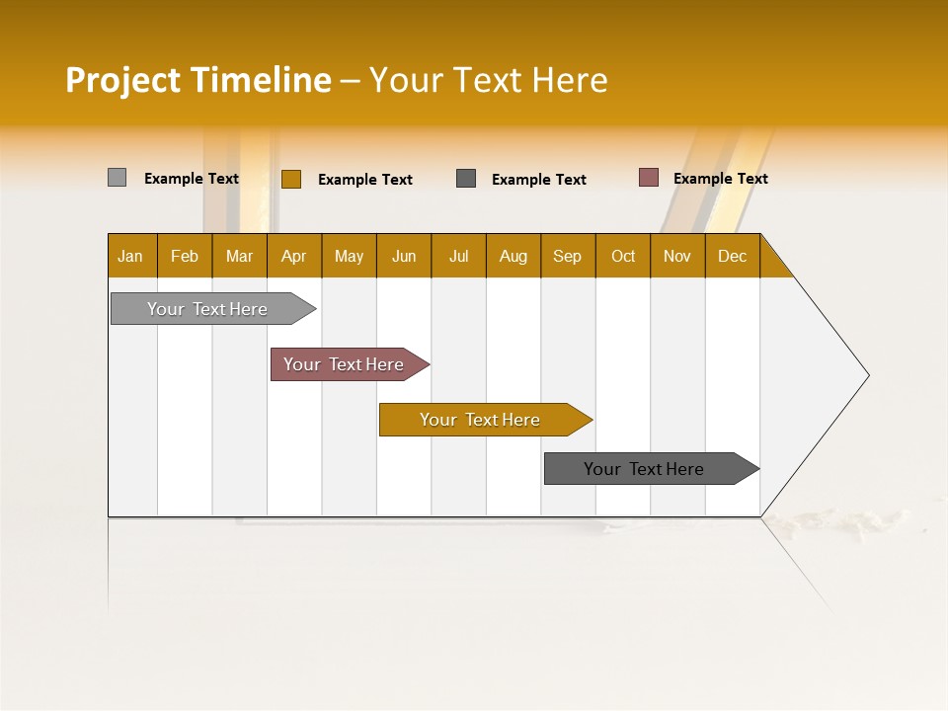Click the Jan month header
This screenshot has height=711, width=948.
click(131, 256)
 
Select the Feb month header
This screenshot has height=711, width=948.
click(185, 256)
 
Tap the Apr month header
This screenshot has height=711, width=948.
click(293, 256)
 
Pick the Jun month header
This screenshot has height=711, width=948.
click(404, 256)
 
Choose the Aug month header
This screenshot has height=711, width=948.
click(513, 256)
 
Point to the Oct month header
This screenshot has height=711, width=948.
click(623, 256)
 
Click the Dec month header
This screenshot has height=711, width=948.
click(732, 256)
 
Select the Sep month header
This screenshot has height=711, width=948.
click(567, 256)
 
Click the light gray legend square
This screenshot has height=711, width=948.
click(117, 178)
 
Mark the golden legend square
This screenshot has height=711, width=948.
click(290, 179)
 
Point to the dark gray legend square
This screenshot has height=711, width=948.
click(466, 179)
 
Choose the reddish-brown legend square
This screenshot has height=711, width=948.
click(648, 178)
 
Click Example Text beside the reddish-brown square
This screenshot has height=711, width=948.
click(720, 179)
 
